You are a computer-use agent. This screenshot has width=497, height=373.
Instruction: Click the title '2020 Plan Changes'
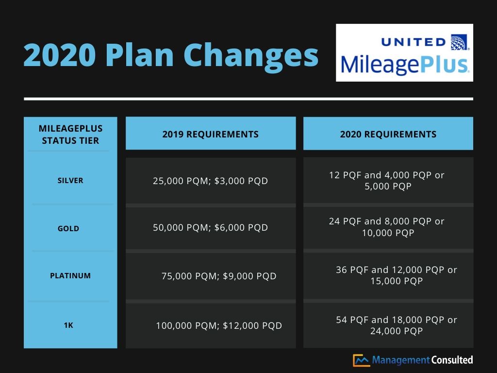click(x=171, y=54)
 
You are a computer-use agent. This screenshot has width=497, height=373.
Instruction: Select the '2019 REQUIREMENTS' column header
click(x=210, y=134)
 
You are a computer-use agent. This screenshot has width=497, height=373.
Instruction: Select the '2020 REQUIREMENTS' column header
click(x=388, y=134)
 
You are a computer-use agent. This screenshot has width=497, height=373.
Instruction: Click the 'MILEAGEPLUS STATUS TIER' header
click(x=70, y=135)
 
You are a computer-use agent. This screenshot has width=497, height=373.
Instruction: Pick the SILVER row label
click(x=70, y=181)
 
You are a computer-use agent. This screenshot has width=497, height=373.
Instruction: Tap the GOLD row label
click(x=68, y=229)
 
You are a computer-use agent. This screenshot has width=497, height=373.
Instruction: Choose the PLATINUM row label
click(x=70, y=276)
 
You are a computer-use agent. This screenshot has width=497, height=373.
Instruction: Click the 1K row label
click(x=68, y=325)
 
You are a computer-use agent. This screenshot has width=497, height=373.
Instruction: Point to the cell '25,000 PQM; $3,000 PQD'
click(x=210, y=181)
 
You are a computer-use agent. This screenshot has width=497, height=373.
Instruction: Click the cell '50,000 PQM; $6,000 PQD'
click(x=210, y=227)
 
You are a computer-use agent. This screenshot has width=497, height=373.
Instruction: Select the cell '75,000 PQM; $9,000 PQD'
click(x=219, y=276)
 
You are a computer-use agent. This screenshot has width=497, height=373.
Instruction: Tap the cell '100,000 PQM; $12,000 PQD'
click(x=219, y=326)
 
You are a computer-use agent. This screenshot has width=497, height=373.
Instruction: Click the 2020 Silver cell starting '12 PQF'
click(x=387, y=180)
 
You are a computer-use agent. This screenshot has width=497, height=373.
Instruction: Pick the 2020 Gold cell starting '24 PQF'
click(x=387, y=227)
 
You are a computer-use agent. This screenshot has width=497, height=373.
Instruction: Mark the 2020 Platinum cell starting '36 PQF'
click(x=396, y=275)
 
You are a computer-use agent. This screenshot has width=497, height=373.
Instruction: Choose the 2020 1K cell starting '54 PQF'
click(x=396, y=325)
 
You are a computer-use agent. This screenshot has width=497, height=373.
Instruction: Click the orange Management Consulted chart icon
click(x=361, y=360)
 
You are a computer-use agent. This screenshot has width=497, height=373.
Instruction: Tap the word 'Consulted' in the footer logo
click(x=452, y=360)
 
